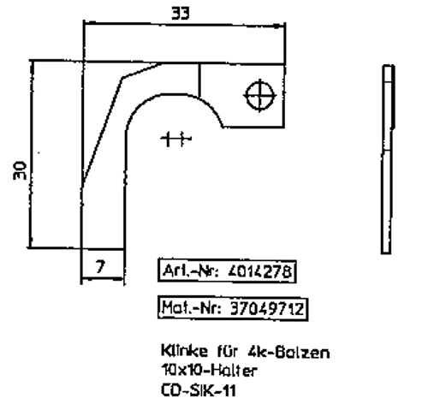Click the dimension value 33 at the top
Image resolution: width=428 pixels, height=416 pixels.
[x=180, y=14]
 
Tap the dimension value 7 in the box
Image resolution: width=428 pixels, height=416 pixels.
[x=99, y=267]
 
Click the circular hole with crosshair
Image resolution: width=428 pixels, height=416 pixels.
[x=259, y=94]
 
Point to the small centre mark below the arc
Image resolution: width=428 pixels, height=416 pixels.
[x=176, y=138]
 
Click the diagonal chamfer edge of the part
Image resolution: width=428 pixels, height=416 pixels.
[x=103, y=128]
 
